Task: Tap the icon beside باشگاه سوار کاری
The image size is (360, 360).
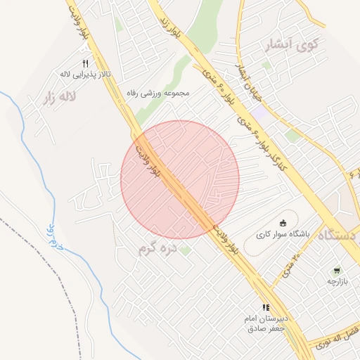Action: (x=284, y=223)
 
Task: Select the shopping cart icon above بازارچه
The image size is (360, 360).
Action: (x=337, y=271)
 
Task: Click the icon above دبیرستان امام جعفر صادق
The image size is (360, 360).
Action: (x=266, y=307)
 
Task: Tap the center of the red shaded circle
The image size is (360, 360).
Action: (x=180, y=180)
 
